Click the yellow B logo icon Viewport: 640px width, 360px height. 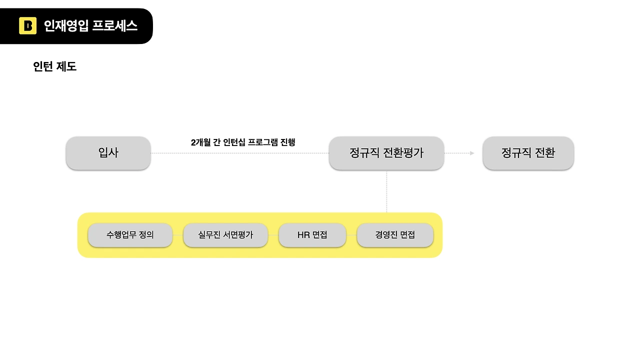(x=27, y=26)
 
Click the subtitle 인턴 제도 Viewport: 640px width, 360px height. (x=54, y=66)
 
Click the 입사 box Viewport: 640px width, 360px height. (x=108, y=153)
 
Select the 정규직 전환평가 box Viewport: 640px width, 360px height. (x=386, y=153)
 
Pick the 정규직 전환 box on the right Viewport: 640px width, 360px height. (x=528, y=153)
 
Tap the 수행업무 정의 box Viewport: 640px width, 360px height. (x=130, y=235)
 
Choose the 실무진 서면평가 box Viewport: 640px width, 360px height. (x=225, y=235)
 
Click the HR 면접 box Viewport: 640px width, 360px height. (x=312, y=235)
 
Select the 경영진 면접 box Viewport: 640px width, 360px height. (x=395, y=235)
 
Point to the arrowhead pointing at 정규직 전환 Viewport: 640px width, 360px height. (x=472, y=153)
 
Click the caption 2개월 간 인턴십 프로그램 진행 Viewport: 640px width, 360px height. (x=243, y=142)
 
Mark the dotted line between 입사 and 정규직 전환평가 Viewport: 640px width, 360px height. (x=240, y=153)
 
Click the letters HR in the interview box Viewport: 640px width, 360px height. (x=303, y=235)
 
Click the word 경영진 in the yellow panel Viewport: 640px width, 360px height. (x=386, y=235)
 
